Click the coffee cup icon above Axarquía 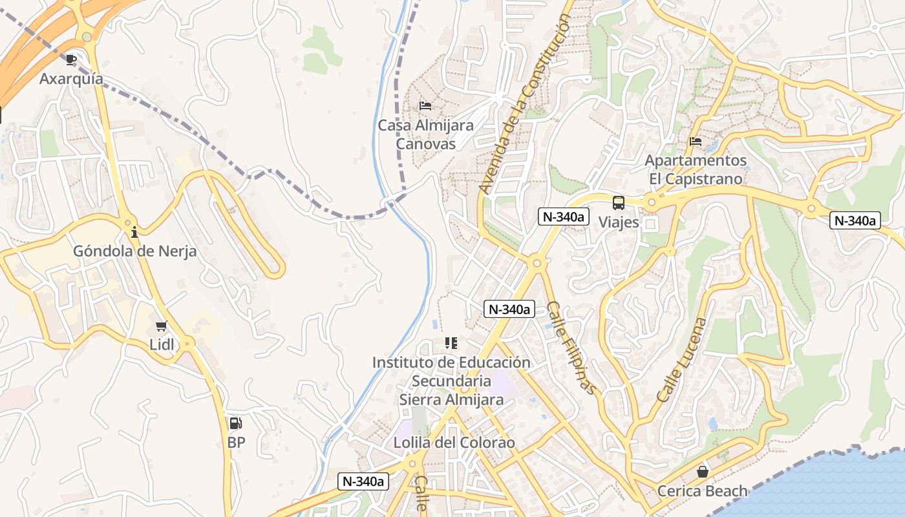point(71,60)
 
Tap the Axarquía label point(71,79)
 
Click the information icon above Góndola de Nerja point(134,232)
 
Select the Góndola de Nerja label point(134,251)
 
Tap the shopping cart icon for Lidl point(162,326)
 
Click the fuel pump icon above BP point(236,424)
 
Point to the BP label point(236,443)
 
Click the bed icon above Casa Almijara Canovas point(425,106)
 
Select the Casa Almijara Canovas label point(425,134)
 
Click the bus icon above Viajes point(619,203)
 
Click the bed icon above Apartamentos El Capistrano point(696,141)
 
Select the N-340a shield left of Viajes point(563,217)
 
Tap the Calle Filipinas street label point(570,348)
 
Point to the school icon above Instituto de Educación point(451,343)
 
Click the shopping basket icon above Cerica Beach point(703,472)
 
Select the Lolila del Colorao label point(454,443)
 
